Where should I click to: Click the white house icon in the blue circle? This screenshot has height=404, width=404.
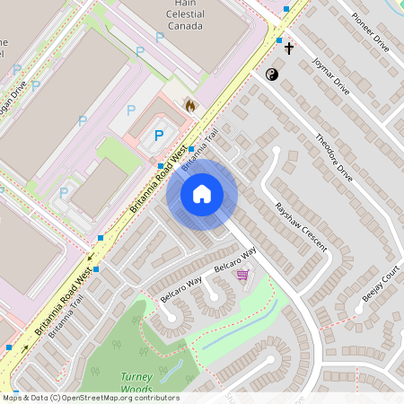[x=202, y=193]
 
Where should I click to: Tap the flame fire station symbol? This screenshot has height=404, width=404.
[x=189, y=106]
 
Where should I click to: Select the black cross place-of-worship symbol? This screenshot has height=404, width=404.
[x=289, y=47]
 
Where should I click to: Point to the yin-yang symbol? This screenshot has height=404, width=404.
[x=273, y=75]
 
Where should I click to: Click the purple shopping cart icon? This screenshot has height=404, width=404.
[x=242, y=274]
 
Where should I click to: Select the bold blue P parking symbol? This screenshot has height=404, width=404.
[x=160, y=136]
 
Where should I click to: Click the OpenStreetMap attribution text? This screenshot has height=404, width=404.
[x=77, y=397]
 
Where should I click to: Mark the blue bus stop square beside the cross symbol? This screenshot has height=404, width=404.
[x=279, y=40]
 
